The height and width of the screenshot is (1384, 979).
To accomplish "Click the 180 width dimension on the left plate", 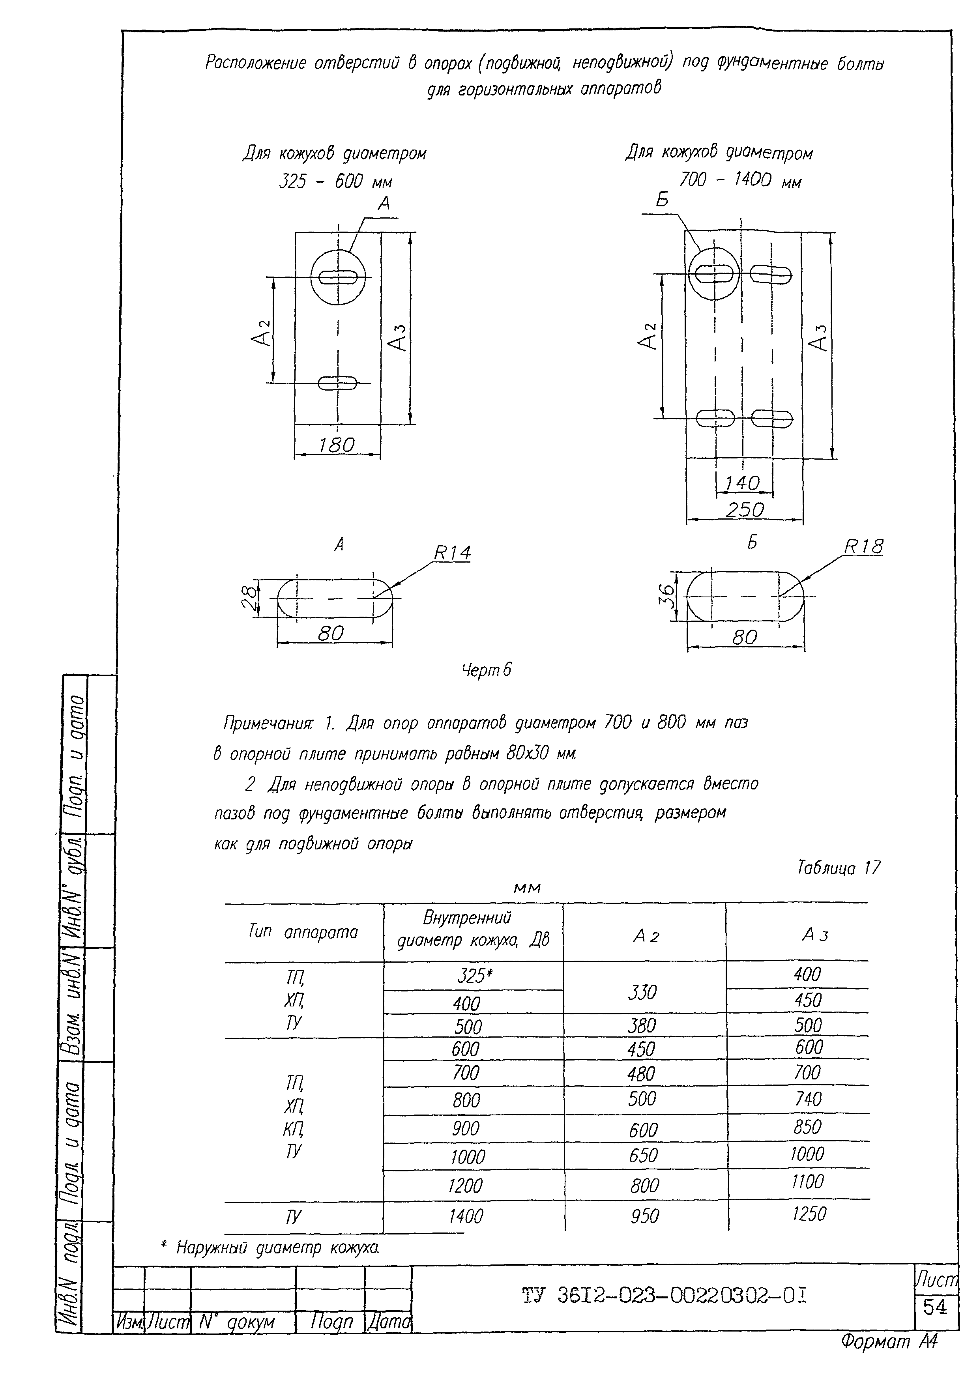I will [336, 445].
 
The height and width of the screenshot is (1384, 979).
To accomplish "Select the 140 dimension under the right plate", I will [742, 483].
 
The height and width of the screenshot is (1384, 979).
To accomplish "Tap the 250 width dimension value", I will [745, 510].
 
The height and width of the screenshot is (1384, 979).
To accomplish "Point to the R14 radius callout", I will [452, 553].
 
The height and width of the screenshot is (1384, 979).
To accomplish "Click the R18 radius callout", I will [863, 547].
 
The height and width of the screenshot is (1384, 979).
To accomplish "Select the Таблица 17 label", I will [839, 868].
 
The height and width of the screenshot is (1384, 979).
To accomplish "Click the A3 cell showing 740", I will [808, 1099].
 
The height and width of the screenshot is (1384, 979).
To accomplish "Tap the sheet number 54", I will [935, 1307].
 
